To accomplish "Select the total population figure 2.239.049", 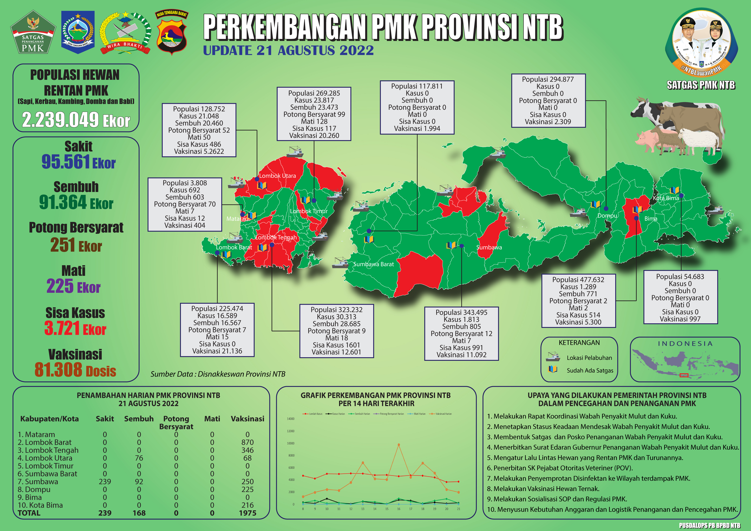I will pyautogui.click(x=60, y=120).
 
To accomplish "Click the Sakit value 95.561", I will pyautogui.click(x=65, y=162).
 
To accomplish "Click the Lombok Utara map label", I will pyautogui.click(x=277, y=176).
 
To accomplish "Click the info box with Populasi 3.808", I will pyautogui.click(x=185, y=204).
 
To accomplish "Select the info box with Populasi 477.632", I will pyautogui.click(x=578, y=301).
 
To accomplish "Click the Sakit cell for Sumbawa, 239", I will pyautogui.click(x=105, y=482).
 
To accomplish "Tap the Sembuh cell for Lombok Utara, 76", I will pyautogui.click(x=139, y=458).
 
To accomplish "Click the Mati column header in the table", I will pyautogui.click(x=212, y=419).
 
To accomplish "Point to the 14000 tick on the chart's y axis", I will pyautogui.click(x=290, y=419).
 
